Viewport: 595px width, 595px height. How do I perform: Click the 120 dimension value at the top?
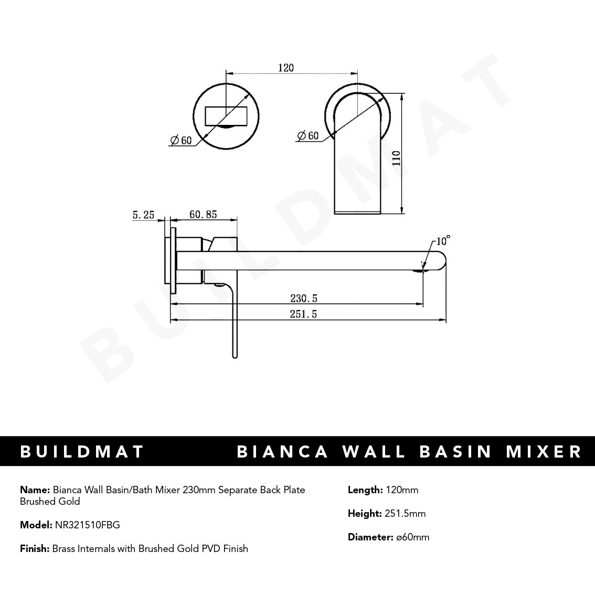click(286, 68)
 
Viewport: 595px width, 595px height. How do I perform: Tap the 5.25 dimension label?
click(143, 215)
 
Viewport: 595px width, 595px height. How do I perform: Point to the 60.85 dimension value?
click(203, 215)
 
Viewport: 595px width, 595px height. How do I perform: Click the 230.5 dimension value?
click(304, 298)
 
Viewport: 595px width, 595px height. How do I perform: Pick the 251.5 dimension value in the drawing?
click(304, 314)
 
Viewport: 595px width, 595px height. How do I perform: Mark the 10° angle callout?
click(442, 241)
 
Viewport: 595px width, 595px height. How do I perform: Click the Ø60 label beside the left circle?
click(180, 140)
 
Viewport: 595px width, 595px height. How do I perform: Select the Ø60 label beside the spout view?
click(307, 135)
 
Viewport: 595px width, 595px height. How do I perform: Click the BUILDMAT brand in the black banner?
click(82, 451)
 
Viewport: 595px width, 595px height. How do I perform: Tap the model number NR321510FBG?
click(87, 525)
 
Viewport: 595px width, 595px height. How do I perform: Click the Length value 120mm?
click(401, 490)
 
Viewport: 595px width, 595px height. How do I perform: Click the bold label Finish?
click(35, 548)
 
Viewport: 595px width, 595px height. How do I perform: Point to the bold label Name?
click(35, 490)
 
